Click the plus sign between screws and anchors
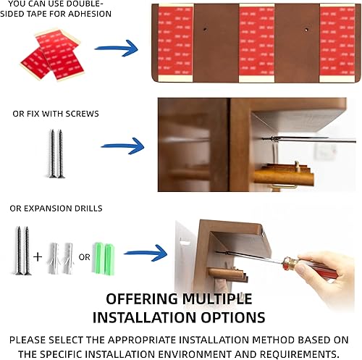38,255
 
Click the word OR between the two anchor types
85,255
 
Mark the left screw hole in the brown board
206,30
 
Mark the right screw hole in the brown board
306,30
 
